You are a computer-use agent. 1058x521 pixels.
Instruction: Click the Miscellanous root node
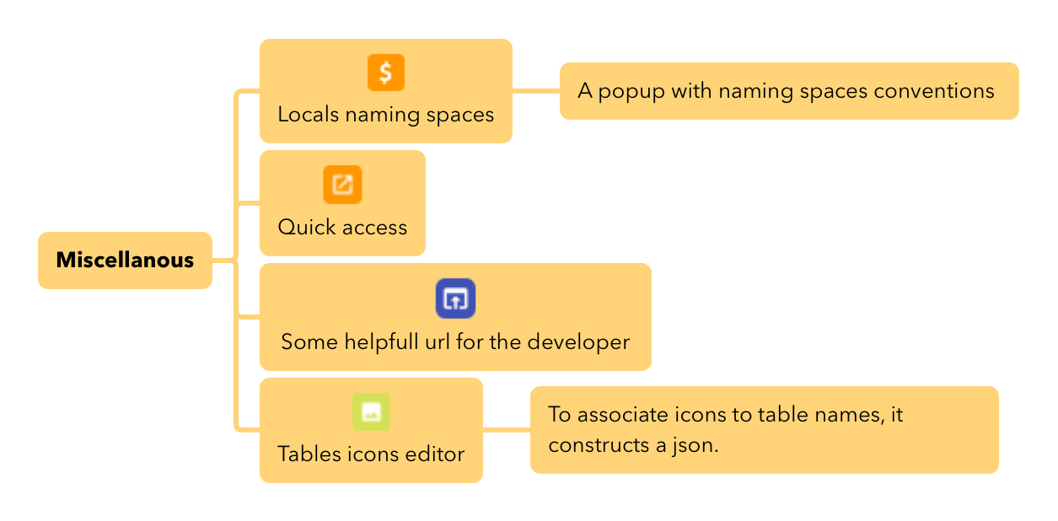[x=125, y=260]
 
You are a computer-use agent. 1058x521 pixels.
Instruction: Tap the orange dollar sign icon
[x=386, y=73]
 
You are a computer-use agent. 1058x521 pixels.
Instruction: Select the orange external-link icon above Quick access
[x=342, y=185]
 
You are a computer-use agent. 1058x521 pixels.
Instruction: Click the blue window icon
[x=455, y=298]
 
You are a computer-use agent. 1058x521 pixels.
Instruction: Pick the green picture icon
[x=371, y=412]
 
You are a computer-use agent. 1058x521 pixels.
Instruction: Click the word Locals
[x=308, y=115]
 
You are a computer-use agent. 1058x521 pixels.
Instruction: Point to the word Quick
[x=307, y=227]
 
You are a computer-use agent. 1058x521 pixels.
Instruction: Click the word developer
[x=578, y=342]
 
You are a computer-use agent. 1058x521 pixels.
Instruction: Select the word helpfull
[x=381, y=342]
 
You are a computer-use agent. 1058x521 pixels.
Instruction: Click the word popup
[x=631, y=91]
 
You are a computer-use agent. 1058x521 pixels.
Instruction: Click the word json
[x=695, y=445]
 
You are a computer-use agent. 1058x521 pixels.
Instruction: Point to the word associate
[x=622, y=415]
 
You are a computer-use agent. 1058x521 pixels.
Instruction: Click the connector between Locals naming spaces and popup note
[x=536, y=91]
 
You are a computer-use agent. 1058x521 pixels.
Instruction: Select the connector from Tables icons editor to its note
[x=507, y=430]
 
